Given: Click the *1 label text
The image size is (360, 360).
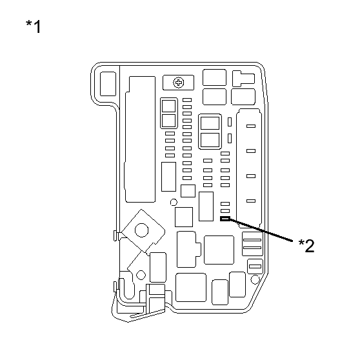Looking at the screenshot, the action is point(34,26).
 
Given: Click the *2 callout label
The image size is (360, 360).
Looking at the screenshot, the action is point(306,246).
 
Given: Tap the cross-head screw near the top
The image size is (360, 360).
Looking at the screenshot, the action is point(179,83).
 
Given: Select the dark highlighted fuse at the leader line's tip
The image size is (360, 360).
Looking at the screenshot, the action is point(225,219).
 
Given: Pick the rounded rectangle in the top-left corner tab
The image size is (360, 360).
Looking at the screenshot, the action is point(108,84).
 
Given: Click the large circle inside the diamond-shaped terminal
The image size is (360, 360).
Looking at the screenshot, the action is point(142,230).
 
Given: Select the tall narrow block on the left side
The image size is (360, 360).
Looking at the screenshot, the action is point(140,139).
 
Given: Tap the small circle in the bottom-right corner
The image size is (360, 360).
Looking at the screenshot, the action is point(255,279).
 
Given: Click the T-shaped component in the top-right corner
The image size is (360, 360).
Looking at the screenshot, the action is point(243,79).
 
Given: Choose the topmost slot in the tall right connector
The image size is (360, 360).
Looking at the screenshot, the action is point(251,126).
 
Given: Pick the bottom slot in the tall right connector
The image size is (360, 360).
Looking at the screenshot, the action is point(251,201).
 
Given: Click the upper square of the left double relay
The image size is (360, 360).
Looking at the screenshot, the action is point(169,106).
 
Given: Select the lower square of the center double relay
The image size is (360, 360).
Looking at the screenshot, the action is point(210,140).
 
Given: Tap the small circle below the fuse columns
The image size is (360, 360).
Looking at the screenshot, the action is point(174,203).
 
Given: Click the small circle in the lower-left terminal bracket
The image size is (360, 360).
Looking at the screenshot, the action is point(141,275).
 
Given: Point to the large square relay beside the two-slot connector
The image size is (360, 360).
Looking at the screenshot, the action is point(219,250).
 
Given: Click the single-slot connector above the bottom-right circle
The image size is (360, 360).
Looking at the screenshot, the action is point(255,266).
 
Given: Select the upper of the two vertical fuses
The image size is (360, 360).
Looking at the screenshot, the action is point(230,122).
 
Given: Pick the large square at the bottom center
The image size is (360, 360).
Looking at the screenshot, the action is point(191,287).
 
